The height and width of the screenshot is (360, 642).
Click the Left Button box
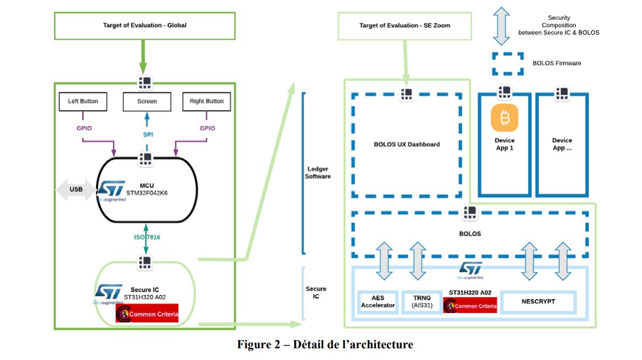click(x=83, y=101)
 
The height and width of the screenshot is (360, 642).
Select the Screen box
click(x=147, y=101)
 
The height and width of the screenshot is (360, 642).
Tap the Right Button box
click(x=206, y=101)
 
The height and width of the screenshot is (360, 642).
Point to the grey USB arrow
click(x=76, y=190)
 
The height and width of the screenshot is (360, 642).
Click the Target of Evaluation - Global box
click(x=145, y=26)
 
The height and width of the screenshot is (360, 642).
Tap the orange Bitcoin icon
click(x=504, y=119)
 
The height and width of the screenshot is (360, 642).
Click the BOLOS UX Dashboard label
click(x=407, y=144)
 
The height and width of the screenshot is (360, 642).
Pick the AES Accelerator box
click(x=378, y=301)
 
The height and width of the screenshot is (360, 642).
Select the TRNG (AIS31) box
click(x=421, y=301)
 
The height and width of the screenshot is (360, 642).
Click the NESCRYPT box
click(x=538, y=301)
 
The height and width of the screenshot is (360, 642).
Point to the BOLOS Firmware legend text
click(x=556, y=63)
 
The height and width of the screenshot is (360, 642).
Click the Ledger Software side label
click(x=319, y=173)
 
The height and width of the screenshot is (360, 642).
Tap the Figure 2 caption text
click(x=325, y=344)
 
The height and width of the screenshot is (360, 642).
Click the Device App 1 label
click(x=504, y=144)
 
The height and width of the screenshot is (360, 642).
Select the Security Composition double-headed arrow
click(x=501, y=26)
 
